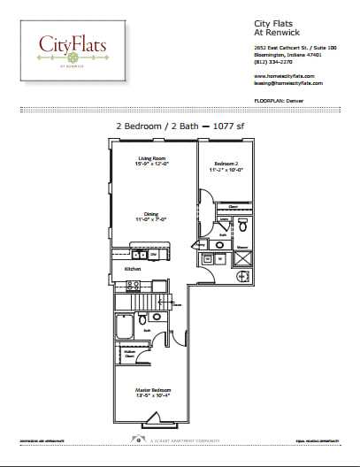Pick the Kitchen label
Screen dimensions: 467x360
point(133,268)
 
